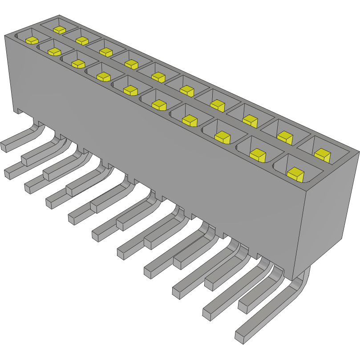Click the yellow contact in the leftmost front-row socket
click(31, 40)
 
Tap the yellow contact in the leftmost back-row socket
click(59, 30)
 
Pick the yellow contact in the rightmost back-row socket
click(322, 155)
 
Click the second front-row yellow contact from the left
click(54, 52)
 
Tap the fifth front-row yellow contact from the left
click(130, 90)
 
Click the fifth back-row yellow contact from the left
click(158, 77)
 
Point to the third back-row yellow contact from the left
click(106, 52)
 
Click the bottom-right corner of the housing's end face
click(343, 238)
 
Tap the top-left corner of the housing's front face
click(5, 36)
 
